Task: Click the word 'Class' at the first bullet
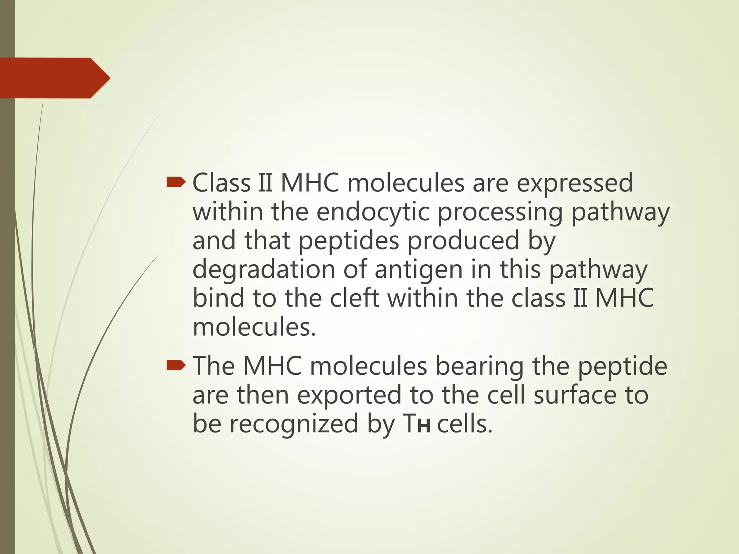[x=221, y=183]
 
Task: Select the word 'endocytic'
[x=373, y=212]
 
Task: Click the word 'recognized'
[x=294, y=424]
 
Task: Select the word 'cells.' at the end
[x=465, y=424]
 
